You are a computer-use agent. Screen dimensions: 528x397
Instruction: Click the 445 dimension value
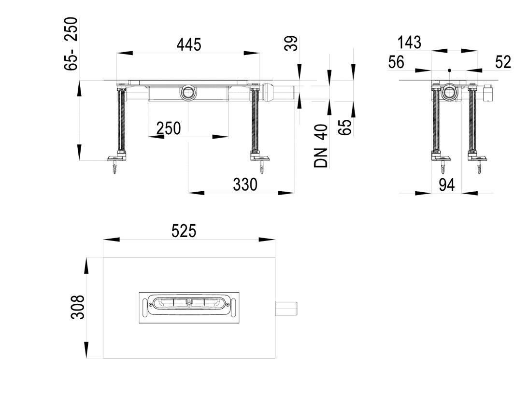tap(189, 45)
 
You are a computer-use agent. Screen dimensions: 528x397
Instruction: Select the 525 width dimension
tap(184, 231)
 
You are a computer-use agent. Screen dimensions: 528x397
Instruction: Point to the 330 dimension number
tap(245, 184)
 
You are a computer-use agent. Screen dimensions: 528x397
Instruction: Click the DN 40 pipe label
tap(320, 146)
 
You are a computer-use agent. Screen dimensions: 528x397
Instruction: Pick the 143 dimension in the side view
tap(409, 43)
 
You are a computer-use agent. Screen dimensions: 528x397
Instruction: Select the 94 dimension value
tap(446, 185)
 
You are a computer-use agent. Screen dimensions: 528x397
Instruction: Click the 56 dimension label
tap(396, 63)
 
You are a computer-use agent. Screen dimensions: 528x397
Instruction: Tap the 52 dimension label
tap(503, 62)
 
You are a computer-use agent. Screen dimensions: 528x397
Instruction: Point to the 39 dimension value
tap(292, 43)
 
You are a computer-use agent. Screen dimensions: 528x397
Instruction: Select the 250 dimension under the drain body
tap(169, 128)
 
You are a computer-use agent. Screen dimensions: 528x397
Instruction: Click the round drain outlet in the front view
tap(187, 92)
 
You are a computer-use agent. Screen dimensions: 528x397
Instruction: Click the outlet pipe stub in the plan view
tap(286, 308)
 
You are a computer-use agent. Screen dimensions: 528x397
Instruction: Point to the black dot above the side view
tap(449, 71)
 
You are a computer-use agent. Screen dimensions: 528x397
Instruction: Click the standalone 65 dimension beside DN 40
tap(346, 127)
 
